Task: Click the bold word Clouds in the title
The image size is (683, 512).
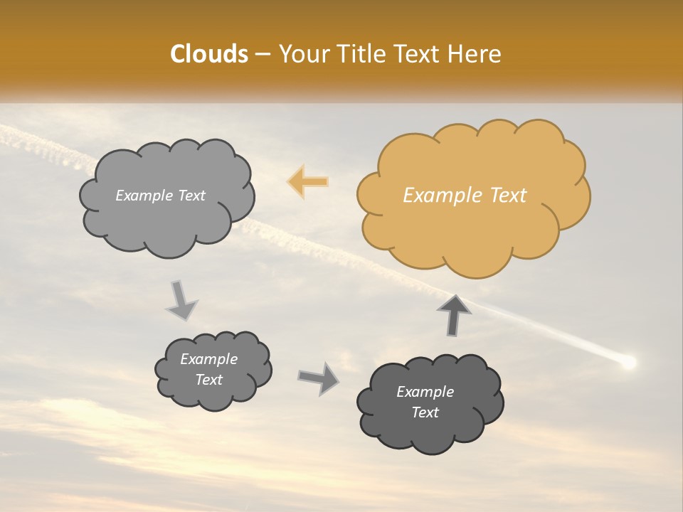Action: [x=209, y=54]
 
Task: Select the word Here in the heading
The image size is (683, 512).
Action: [x=475, y=54]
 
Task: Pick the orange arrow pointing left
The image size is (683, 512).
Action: [x=308, y=182]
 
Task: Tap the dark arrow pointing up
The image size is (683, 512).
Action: [x=454, y=314]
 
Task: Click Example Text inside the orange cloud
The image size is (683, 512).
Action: [x=465, y=196]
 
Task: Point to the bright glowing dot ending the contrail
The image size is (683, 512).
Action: [x=628, y=363]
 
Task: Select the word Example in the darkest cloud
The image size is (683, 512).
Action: [x=425, y=392]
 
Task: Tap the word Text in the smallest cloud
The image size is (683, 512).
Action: [x=209, y=380]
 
